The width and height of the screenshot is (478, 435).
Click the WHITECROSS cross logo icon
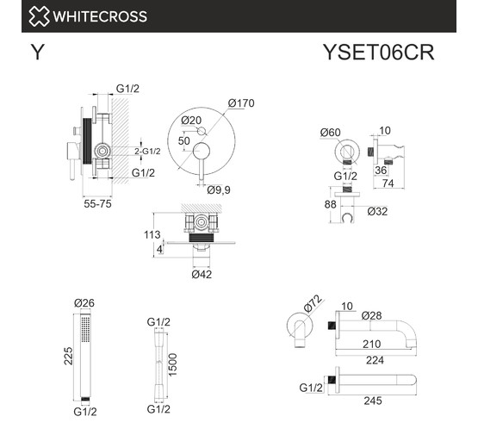[39, 16]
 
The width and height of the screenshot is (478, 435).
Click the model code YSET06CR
[379, 53]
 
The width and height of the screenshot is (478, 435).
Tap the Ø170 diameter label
[241, 103]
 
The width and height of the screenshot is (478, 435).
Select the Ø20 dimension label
[191, 121]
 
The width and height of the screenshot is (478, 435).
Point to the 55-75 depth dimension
[97, 203]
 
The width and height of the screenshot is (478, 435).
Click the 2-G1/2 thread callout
[147, 152]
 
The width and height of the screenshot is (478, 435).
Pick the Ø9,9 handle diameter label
[219, 190]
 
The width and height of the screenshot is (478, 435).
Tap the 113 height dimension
[152, 234]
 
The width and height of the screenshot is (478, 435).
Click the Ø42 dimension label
[202, 275]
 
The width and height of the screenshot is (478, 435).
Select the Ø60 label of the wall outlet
[331, 133]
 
